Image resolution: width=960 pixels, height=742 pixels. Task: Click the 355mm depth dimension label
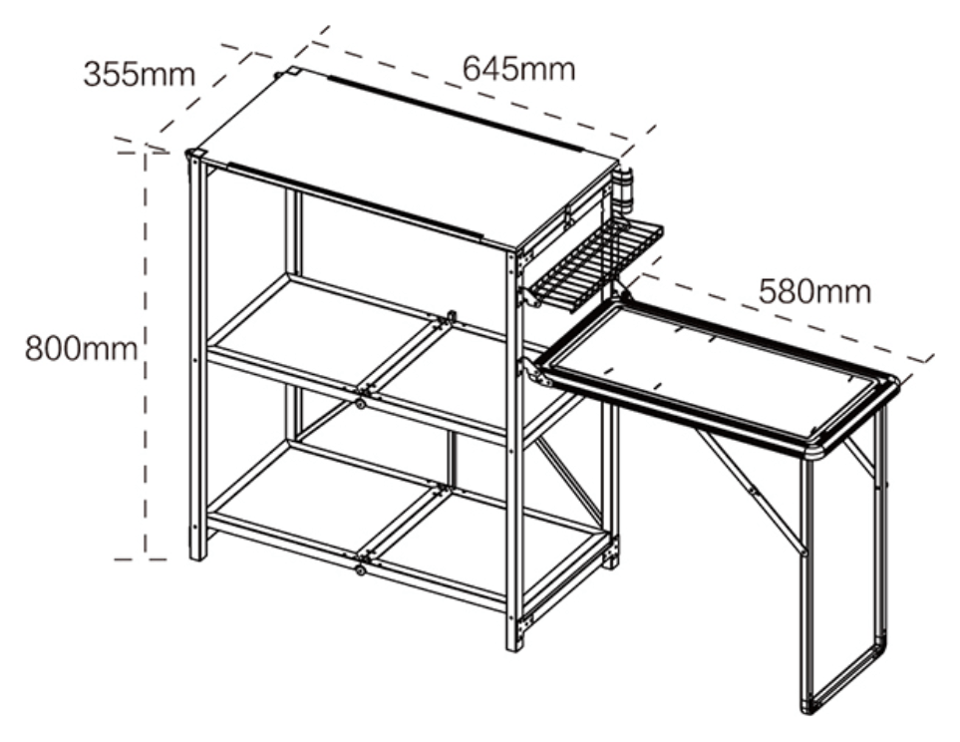[x=139, y=75]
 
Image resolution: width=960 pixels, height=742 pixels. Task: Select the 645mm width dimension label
[x=518, y=69]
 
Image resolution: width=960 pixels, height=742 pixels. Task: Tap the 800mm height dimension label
[x=81, y=349]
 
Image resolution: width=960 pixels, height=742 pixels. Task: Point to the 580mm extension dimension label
[x=814, y=291]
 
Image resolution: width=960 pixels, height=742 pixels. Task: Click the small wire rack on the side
[x=596, y=264]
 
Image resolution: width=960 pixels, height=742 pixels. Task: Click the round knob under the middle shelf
[x=360, y=404]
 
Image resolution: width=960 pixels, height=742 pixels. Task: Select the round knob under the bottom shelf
[x=360, y=569]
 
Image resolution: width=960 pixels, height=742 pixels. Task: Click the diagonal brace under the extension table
[x=750, y=490]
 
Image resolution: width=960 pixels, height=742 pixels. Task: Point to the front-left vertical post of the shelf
[x=197, y=355]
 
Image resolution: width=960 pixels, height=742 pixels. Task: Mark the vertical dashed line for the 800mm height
[x=146, y=355]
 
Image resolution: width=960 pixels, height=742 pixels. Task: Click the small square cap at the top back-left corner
[x=293, y=72]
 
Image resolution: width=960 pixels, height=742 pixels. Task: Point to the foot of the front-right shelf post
[x=514, y=644]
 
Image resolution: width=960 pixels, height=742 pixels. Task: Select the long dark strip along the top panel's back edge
[x=454, y=114]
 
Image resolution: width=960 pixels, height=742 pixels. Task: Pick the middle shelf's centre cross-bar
[x=403, y=355]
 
